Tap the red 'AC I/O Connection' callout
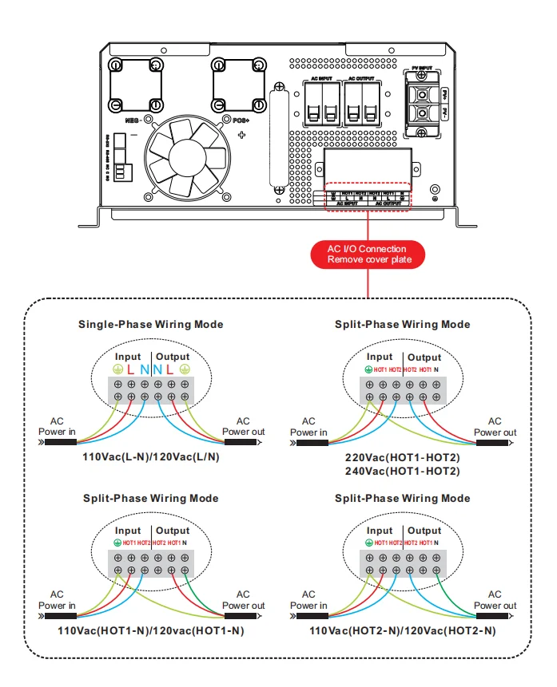[367, 255]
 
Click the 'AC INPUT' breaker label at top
[320, 79]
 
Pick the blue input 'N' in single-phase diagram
[144, 369]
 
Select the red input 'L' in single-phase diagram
[130, 369]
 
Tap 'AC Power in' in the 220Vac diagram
[308, 427]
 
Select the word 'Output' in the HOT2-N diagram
[424, 531]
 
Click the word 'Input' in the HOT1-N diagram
[128, 531]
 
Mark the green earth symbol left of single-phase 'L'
[117, 369]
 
